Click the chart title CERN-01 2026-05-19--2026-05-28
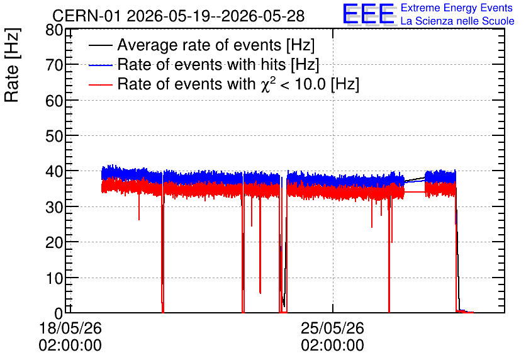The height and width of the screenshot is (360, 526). [179, 16]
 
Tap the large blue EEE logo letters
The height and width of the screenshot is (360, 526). [368, 14]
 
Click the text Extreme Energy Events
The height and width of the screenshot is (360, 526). [457, 8]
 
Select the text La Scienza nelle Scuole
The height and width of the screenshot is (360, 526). [457, 21]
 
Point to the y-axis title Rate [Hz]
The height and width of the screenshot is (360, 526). [12, 65]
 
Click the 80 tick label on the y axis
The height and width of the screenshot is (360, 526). [54, 31]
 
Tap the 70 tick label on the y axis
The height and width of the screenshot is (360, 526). [54, 65]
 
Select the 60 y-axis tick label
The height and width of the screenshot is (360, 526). [54, 101]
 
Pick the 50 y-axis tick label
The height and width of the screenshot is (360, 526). [54, 136]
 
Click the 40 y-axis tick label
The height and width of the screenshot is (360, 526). [54, 172]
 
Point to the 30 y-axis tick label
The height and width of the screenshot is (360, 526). [54, 207]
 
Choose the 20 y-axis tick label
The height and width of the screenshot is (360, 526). [54, 242]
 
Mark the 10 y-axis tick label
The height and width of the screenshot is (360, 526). [54, 278]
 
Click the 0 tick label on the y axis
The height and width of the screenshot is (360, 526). [59, 313]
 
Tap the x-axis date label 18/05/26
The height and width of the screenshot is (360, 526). [70, 328]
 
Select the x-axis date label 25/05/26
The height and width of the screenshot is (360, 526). [332, 328]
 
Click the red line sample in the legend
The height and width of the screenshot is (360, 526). [100, 84]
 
